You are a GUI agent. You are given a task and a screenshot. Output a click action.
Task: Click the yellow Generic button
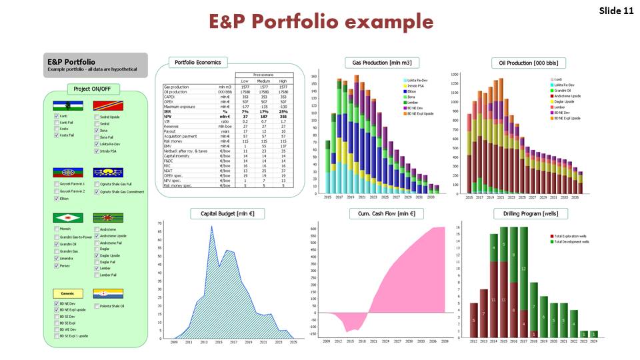[x=67, y=293]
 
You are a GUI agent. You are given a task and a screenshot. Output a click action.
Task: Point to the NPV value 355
[x=283, y=116]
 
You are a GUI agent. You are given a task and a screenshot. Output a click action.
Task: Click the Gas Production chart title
[x=373, y=63]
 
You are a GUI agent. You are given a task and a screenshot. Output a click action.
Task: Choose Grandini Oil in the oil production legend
[x=557, y=89]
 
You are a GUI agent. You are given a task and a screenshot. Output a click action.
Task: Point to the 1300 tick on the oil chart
[x=456, y=75]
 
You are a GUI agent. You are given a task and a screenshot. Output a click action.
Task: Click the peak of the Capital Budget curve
[x=211, y=227]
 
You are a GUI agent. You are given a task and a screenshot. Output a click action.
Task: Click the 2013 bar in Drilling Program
[x=473, y=321]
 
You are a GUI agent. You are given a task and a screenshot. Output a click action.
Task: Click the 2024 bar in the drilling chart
[x=594, y=334]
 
